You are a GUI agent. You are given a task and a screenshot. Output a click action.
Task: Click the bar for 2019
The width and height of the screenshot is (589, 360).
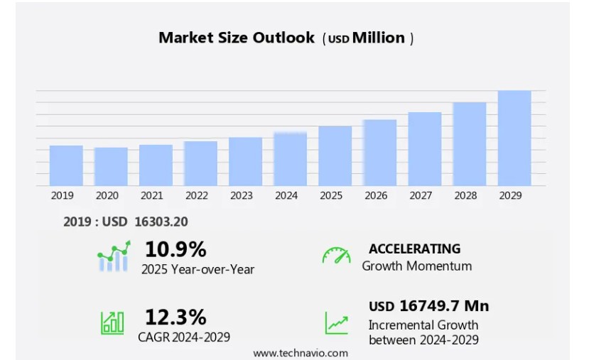(x=66, y=165)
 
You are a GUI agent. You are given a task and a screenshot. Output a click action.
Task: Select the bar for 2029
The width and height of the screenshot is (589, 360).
(x=514, y=138)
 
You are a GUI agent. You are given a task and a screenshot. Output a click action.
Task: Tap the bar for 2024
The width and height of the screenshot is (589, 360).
(x=290, y=159)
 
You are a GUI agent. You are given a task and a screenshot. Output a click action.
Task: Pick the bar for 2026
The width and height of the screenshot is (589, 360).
(x=380, y=153)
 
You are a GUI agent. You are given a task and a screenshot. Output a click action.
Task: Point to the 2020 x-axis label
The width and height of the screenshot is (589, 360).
(x=107, y=195)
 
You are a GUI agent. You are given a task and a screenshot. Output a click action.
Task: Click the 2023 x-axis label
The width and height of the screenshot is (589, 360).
(x=242, y=195)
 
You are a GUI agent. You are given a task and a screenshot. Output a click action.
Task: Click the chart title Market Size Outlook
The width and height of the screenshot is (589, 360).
(x=237, y=38)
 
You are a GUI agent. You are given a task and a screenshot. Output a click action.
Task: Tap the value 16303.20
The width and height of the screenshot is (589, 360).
(x=161, y=222)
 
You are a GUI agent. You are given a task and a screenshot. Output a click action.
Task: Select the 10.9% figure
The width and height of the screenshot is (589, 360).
(x=175, y=249)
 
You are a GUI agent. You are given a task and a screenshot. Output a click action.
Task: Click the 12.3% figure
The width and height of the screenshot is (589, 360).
(x=175, y=316)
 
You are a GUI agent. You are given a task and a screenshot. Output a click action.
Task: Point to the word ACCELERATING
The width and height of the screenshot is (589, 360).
(x=414, y=249)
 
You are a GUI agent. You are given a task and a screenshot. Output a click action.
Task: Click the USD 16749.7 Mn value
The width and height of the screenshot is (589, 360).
(x=428, y=306)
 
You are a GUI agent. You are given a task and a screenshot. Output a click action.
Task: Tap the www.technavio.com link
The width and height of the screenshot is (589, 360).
(x=301, y=353)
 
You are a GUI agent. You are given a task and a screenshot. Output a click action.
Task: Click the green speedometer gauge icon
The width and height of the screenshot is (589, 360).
(x=336, y=256)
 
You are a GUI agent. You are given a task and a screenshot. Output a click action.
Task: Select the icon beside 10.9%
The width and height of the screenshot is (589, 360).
(x=114, y=256)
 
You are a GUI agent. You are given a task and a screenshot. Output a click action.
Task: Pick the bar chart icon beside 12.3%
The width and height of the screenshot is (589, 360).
(x=112, y=323)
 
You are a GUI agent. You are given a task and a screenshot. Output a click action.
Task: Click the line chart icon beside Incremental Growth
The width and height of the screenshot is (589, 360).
(x=337, y=323)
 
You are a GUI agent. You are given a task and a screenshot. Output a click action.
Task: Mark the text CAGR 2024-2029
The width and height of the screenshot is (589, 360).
(x=184, y=337)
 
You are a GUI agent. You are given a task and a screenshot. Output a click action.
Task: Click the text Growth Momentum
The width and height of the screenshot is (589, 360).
(x=416, y=266)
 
